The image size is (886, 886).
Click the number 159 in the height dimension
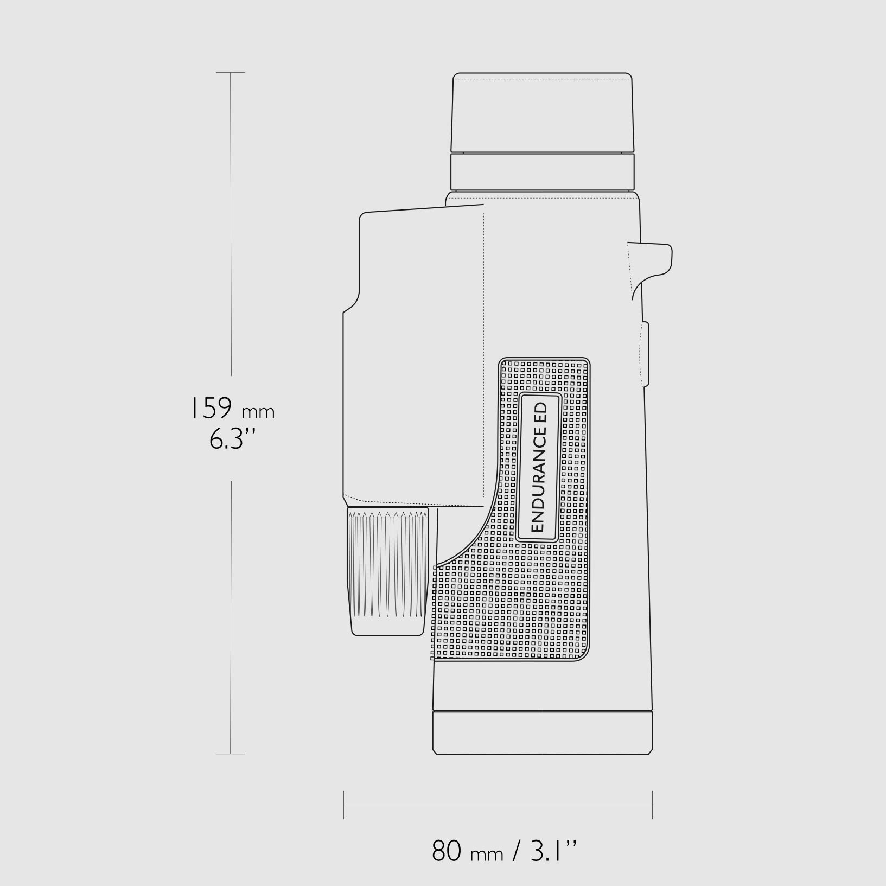click(211, 409)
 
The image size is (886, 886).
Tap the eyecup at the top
click(543, 113)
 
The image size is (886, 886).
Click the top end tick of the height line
click(231, 73)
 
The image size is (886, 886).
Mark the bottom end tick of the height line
click(231, 754)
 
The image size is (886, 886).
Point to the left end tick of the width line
click(344, 805)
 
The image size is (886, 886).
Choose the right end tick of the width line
click(652, 805)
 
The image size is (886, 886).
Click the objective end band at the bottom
click(543, 732)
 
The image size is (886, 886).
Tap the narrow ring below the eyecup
click(543, 171)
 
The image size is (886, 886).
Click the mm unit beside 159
click(258, 412)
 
